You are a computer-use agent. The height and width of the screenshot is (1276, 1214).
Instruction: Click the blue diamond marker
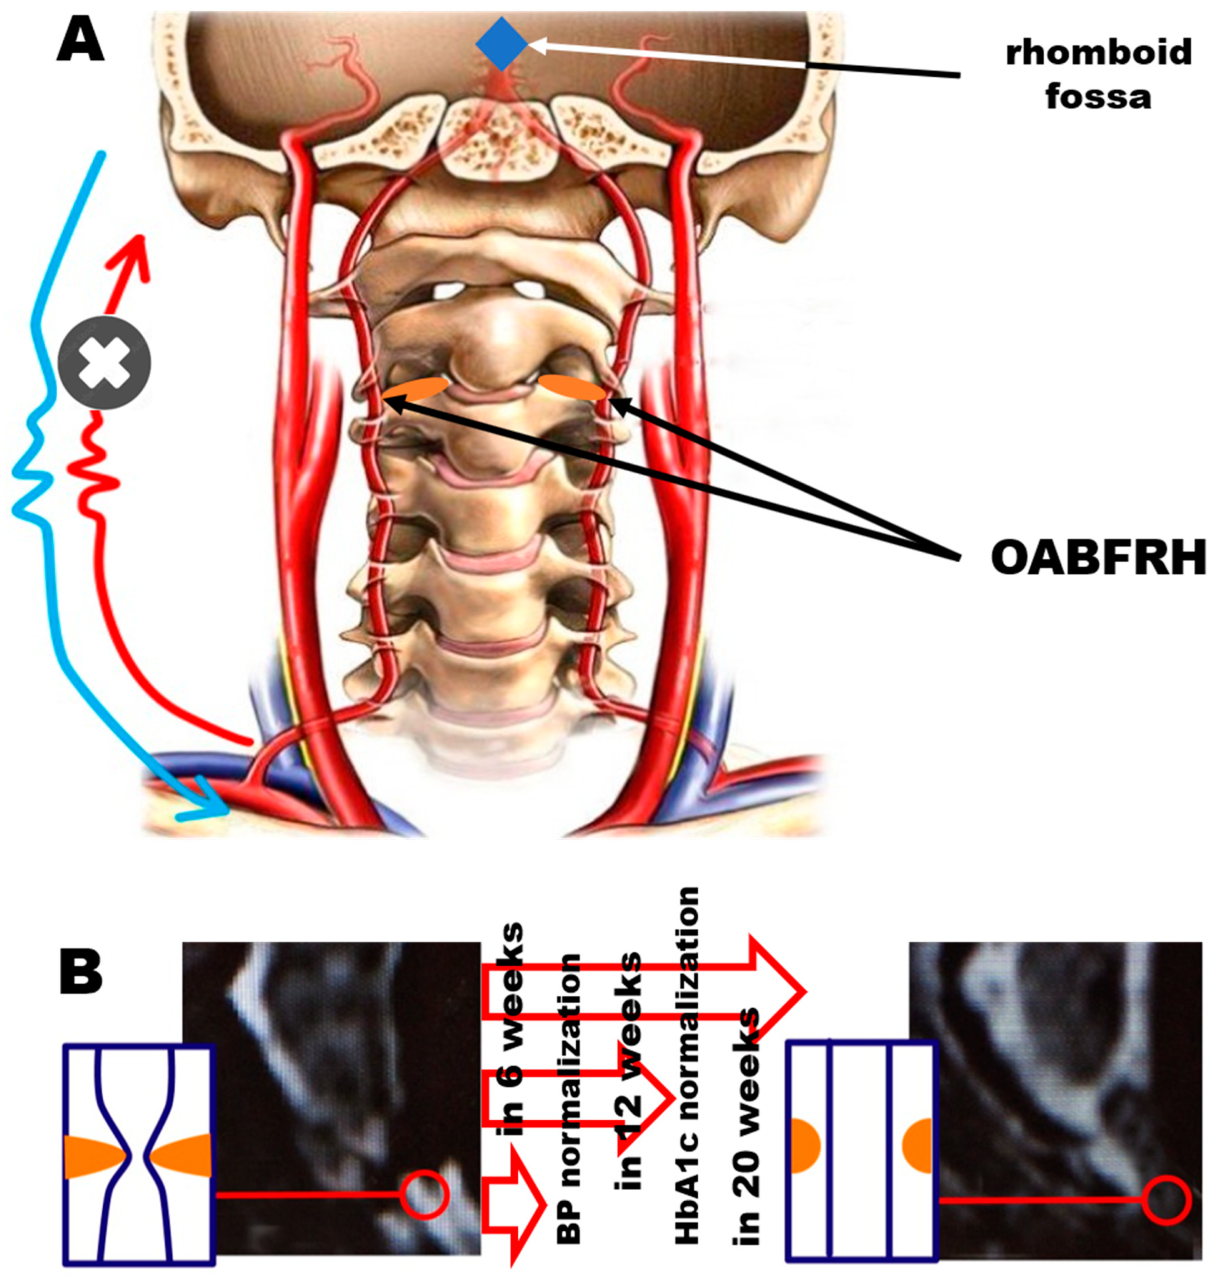tap(502, 43)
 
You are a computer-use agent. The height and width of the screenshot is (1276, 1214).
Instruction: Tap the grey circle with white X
tap(104, 362)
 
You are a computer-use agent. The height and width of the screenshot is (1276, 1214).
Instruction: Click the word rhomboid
tap(1098, 52)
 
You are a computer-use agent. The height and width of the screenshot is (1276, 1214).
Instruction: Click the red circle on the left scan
tap(424, 1195)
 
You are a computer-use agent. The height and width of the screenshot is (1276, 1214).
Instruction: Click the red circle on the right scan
tap(1166, 1200)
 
